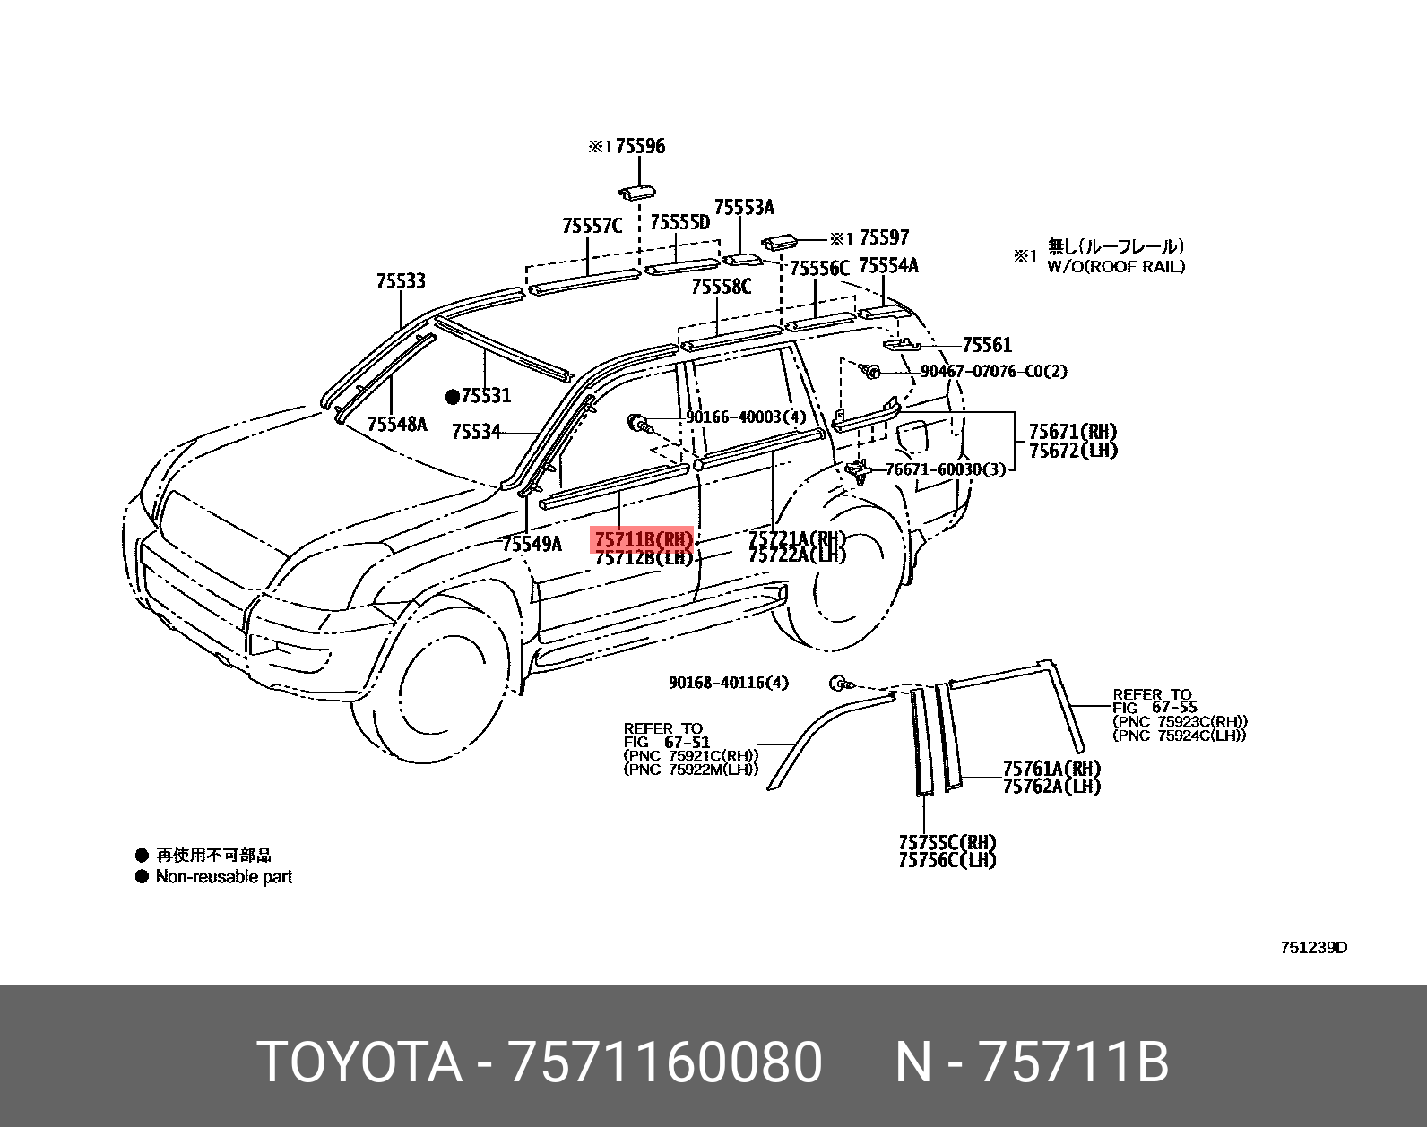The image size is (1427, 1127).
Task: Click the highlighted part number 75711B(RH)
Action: point(643,539)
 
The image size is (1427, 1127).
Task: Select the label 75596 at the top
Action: point(640,146)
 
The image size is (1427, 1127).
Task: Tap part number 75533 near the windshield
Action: point(401,281)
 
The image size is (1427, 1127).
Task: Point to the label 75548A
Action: point(397,424)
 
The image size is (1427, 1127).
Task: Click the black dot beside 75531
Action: point(453,395)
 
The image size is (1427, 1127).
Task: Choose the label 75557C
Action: point(592,226)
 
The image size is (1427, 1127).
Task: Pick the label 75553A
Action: point(743,208)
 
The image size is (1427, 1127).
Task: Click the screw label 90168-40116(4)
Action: point(728,683)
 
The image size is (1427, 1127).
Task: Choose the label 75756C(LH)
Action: point(947,860)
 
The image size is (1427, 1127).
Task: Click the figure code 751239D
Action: point(1312,948)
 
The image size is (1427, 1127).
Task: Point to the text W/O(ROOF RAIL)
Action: point(1116,266)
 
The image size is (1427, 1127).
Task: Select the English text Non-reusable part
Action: point(224,877)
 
